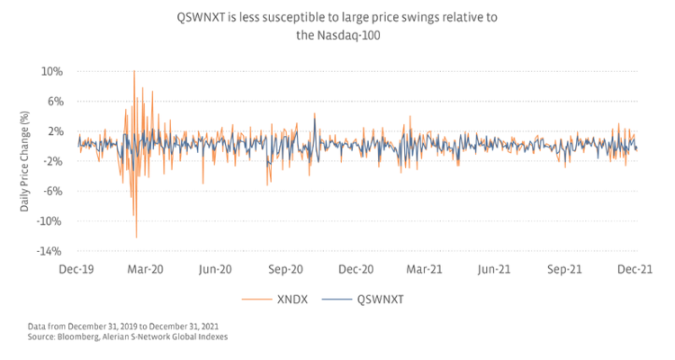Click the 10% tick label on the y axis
[x=50, y=71]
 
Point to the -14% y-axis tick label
[x=49, y=251]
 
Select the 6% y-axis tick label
[x=53, y=102]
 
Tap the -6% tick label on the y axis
[x=51, y=191]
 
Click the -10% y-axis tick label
[x=49, y=221]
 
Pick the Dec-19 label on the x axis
[x=76, y=269]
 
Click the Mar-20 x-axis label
[x=146, y=269]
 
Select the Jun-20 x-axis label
[x=216, y=269]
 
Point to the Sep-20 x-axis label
[x=286, y=269]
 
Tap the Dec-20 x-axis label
[x=356, y=269]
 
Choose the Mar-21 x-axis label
[x=425, y=269]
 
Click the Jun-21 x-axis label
[x=495, y=269]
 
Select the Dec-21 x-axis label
[x=634, y=269]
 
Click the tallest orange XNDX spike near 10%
[x=134, y=72]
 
